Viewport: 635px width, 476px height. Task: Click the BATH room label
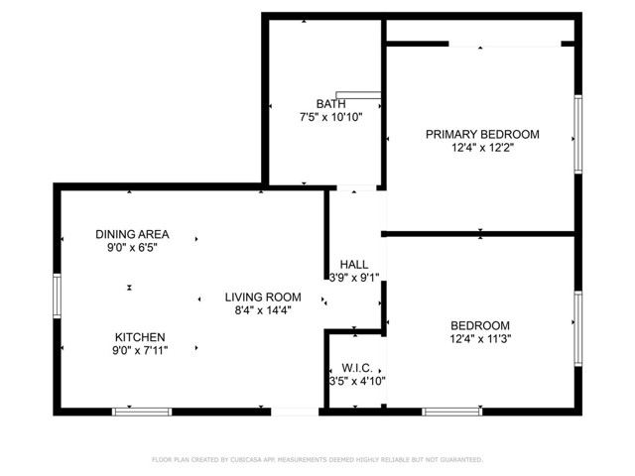coord(330,103)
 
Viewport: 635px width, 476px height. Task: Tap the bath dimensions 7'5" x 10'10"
coord(330,117)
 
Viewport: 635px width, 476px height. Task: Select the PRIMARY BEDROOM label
coord(482,134)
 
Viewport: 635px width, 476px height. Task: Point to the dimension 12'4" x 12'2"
coord(482,149)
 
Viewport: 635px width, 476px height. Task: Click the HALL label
coord(353,265)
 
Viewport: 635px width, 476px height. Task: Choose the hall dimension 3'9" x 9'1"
coord(354,279)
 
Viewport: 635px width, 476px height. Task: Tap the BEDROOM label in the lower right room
coord(480,325)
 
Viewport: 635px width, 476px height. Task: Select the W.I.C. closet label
coord(356,368)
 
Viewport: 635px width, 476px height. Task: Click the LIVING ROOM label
coord(262,297)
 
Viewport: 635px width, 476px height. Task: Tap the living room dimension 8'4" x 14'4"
coord(262,310)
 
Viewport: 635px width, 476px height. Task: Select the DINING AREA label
coord(132,234)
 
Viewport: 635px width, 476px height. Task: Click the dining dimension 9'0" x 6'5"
coord(132,248)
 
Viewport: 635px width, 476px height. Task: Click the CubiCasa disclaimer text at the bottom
coord(317,460)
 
